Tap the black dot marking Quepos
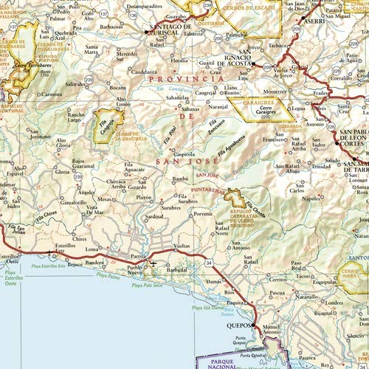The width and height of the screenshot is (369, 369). click(x=253, y=325)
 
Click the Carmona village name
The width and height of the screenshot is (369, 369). click(x=51, y=94)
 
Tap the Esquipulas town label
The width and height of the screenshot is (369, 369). click(x=306, y=280)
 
